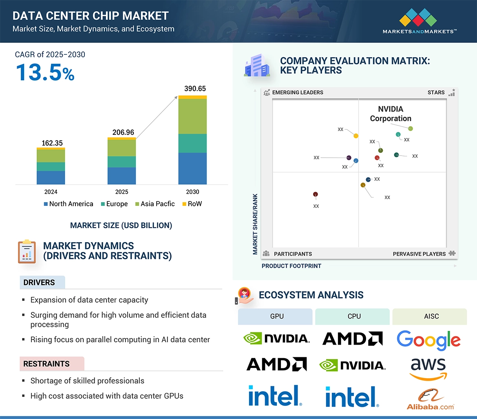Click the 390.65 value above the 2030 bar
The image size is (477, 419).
(x=192, y=89)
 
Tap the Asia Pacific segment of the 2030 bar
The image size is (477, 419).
(x=192, y=116)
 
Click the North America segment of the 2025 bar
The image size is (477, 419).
(x=121, y=176)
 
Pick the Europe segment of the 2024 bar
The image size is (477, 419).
(x=51, y=167)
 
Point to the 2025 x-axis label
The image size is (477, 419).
(x=121, y=192)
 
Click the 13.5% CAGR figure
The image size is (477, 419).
(x=45, y=72)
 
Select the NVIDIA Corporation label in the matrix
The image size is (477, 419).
(x=391, y=114)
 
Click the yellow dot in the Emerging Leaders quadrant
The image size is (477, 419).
(x=356, y=136)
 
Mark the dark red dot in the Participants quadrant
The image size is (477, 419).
(x=315, y=194)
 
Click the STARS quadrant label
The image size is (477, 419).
(x=436, y=92)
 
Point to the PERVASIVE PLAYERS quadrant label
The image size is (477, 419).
(x=419, y=254)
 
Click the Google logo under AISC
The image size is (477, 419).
(x=428, y=340)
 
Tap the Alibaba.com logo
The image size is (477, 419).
(x=430, y=400)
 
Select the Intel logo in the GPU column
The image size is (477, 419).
(x=275, y=396)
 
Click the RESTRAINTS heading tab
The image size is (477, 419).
(x=46, y=364)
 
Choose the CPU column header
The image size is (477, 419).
(x=354, y=316)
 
